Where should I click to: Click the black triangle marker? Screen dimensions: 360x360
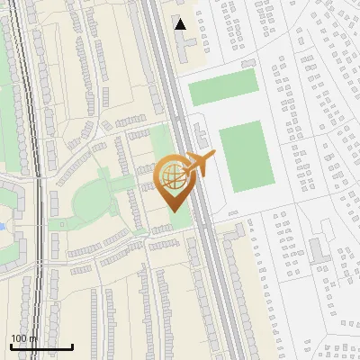pyautogui.click(x=181, y=24)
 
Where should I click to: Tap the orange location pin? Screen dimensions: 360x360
pyautogui.click(x=173, y=180)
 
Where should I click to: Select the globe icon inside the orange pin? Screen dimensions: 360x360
pyautogui.click(x=171, y=175)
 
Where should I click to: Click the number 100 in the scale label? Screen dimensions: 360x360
pyautogui.click(x=19, y=337)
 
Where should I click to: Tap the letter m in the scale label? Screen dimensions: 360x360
pyautogui.click(x=33, y=337)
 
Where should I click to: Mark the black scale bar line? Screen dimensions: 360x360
pyautogui.click(x=41, y=346)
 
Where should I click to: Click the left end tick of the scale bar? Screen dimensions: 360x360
pyautogui.click(x=11, y=345)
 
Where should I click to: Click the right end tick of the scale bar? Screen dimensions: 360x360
pyautogui.click(x=72, y=345)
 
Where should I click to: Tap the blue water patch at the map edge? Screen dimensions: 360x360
pyautogui.click(x=2, y=225)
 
